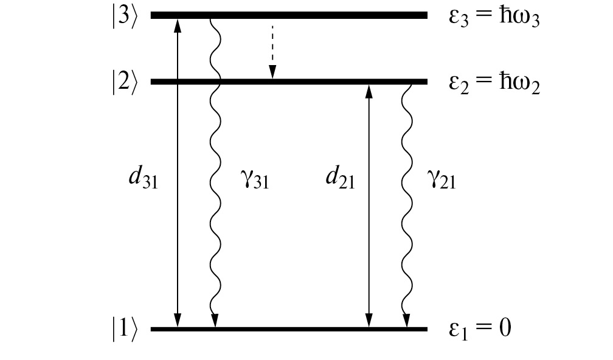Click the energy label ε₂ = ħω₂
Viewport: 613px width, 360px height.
pyautogui.click(x=494, y=83)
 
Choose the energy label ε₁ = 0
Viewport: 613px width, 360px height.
pyautogui.click(x=480, y=329)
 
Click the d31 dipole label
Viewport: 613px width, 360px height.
pyautogui.click(x=144, y=179)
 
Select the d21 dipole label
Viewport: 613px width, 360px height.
pyautogui.click(x=340, y=179)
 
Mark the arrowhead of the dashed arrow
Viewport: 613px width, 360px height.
pyautogui.click(x=272, y=74)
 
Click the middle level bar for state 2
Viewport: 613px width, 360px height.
pyautogui.click(x=289, y=81)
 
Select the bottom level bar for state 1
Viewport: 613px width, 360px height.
pyautogui.click(x=289, y=329)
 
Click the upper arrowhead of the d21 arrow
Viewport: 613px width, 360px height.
pyautogui.click(x=367, y=90)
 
